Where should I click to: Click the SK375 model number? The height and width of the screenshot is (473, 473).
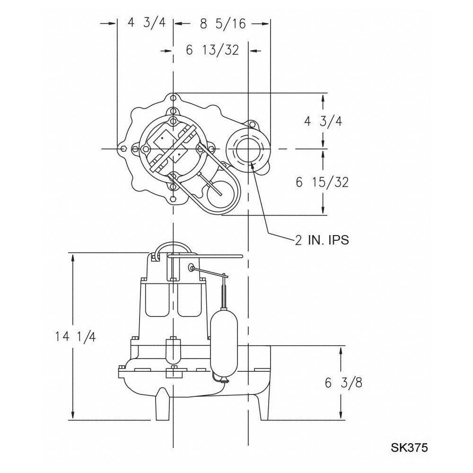(x=409, y=447)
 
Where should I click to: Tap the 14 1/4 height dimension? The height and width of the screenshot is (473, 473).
(x=75, y=336)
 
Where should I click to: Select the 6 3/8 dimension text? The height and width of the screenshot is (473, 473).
(x=343, y=383)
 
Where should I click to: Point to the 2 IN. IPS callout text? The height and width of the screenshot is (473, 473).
(x=322, y=240)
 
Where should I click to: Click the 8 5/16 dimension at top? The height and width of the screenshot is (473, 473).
(x=223, y=24)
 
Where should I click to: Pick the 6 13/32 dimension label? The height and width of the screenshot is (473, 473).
(x=212, y=50)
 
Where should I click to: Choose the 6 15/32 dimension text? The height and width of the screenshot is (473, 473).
(x=322, y=182)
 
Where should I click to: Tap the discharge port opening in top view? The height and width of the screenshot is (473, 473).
(x=248, y=149)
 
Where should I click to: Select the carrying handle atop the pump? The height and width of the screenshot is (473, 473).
(x=173, y=249)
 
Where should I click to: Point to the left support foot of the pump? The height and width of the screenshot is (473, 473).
(x=162, y=404)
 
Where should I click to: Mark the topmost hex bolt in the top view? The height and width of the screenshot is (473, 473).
(x=173, y=98)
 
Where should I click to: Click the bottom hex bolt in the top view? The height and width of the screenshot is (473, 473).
(x=173, y=199)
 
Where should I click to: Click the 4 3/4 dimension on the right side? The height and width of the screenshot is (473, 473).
(x=323, y=121)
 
